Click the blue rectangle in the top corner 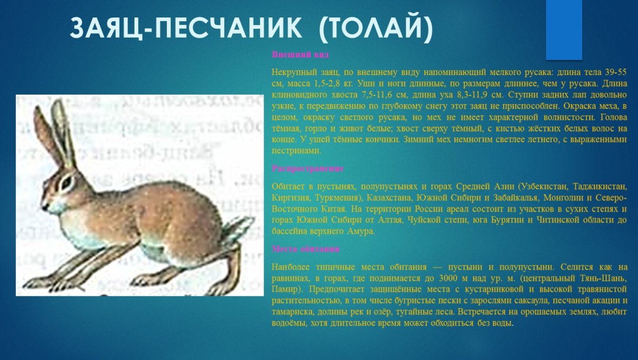564,29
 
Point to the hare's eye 66,182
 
